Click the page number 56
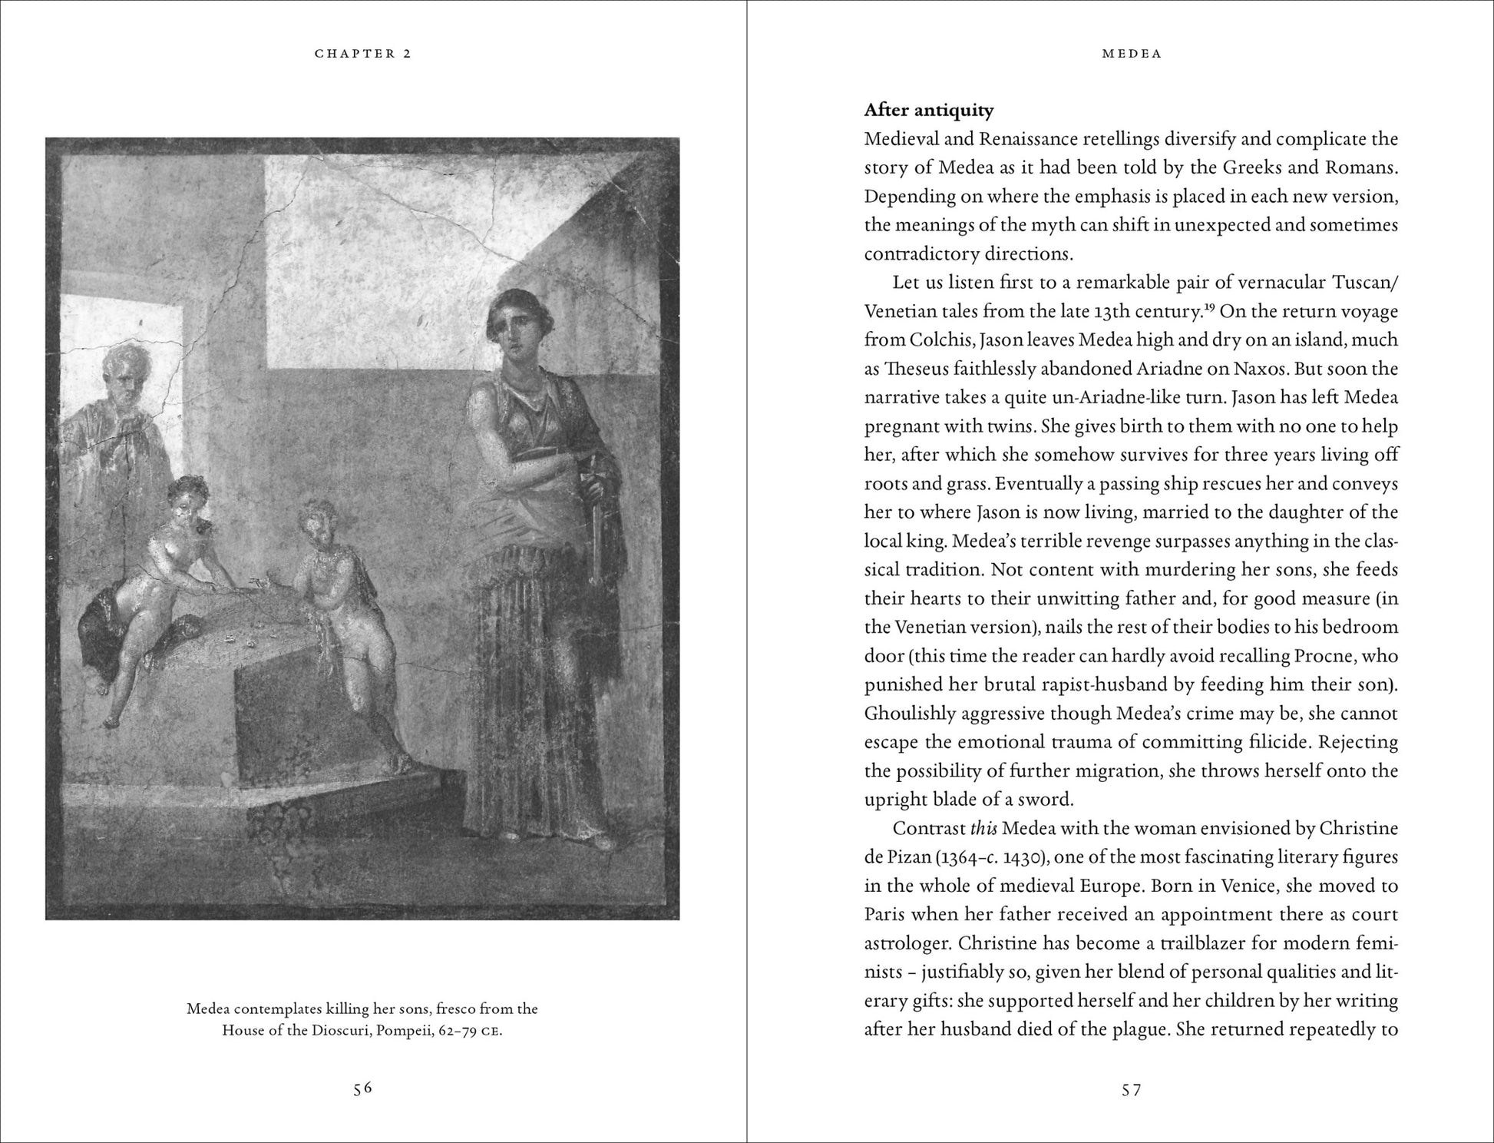362,1088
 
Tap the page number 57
1131,1089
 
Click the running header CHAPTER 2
362,54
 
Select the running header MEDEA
1132,54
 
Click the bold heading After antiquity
928,111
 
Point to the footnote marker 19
1211,307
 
